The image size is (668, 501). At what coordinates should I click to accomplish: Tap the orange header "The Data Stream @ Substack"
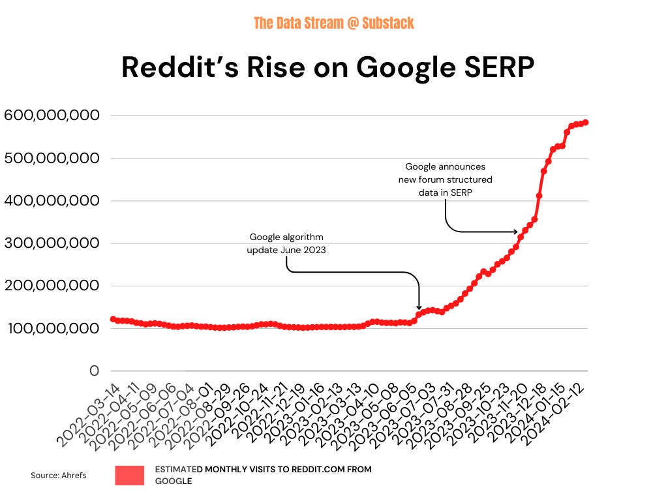pos(333,23)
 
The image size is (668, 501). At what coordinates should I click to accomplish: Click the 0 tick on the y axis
pos(94,371)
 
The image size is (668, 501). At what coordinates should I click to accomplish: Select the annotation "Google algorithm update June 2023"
pos(286,243)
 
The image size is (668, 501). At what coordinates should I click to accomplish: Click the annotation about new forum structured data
pos(446,179)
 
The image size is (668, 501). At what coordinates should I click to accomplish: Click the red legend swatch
pos(129,476)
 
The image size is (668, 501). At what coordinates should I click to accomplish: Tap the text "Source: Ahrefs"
pos(58,476)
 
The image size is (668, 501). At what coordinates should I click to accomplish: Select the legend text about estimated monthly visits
pos(263,475)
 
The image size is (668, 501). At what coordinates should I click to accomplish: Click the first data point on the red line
pos(113,319)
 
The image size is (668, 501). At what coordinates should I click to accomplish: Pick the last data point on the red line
pos(586,122)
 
